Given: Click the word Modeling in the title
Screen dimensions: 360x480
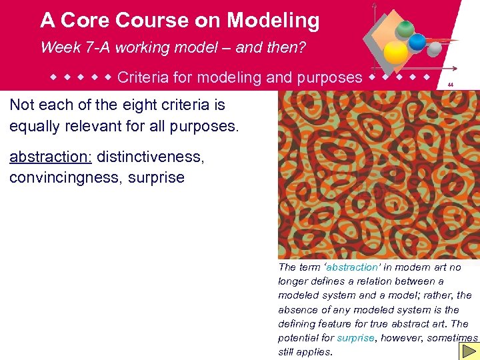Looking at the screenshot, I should [x=273, y=21].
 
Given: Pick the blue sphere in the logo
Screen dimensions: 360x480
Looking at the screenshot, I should [x=417, y=42].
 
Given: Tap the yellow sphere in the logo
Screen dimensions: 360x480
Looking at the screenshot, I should [x=396, y=51].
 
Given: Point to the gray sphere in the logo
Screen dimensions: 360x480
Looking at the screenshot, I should [x=434, y=49].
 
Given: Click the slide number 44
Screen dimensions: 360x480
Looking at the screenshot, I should [x=451, y=85].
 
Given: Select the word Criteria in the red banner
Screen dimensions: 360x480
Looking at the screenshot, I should [x=142, y=77].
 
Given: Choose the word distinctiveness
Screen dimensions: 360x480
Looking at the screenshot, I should [x=151, y=157].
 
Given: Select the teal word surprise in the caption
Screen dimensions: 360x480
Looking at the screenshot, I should [x=355, y=338].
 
